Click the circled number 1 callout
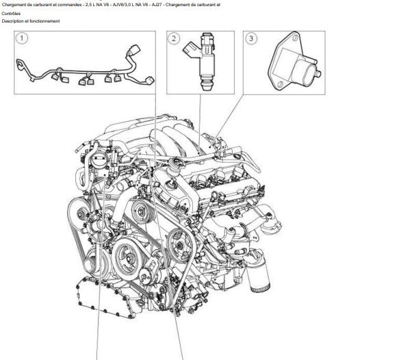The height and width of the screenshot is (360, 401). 22,38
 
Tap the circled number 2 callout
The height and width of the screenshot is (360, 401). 174,38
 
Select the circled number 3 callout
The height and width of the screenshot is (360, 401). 251,38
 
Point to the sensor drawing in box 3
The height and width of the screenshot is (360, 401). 294,62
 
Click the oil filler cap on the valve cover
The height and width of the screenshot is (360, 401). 176,162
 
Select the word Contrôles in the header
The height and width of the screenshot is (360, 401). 11,14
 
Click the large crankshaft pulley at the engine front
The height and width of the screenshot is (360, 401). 127,258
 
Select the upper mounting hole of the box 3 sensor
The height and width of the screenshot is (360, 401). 296,38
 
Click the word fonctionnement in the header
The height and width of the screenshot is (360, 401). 44,21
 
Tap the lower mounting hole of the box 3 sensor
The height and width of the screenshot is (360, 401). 281,84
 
